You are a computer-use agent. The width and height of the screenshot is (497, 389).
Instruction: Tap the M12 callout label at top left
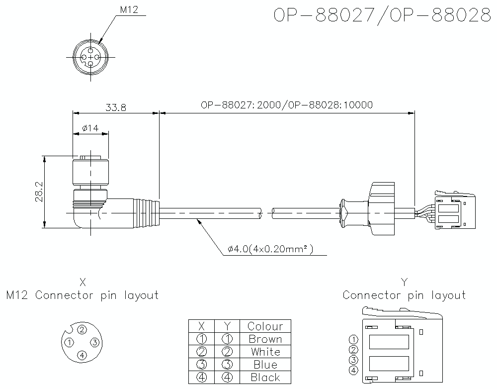coord(129,10)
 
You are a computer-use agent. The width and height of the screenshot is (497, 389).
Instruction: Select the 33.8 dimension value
coord(115,107)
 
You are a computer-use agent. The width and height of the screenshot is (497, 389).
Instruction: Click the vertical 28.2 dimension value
coord(39,192)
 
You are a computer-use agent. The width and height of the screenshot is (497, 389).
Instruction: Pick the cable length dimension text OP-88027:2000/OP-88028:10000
coord(287,105)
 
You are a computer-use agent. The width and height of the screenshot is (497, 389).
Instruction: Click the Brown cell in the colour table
coord(265,339)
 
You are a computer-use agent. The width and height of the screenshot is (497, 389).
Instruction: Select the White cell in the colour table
coord(265,352)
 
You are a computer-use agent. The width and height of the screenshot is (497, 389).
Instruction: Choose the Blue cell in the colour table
coord(265,365)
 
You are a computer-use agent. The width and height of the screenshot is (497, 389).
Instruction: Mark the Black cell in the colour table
coord(265,378)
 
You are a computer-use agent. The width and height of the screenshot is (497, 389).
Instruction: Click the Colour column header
coord(265,326)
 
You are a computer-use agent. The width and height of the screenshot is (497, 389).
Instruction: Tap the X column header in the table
coord(201,326)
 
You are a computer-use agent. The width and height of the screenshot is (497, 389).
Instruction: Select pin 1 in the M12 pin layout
coord(70,342)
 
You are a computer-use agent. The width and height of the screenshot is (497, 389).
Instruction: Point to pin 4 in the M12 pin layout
coord(83,355)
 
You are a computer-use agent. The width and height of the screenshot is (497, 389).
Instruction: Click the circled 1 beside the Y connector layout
coord(353,340)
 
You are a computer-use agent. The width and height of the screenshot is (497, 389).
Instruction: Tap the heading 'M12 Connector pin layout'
coord(83,295)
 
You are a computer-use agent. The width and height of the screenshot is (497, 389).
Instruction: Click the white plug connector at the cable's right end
coord(454,210)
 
